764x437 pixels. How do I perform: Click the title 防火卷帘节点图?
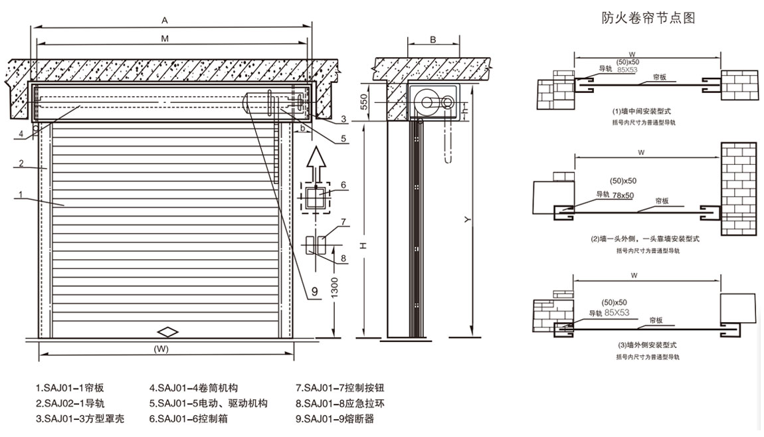(648, 19)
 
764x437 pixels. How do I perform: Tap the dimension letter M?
(164, 39)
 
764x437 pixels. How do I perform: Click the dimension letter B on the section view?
(432, 40)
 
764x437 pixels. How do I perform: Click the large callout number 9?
(313, 290)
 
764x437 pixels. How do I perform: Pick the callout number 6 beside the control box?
(343, 185)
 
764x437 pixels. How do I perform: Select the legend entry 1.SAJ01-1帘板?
(70, 388)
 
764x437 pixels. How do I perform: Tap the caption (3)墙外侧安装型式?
(642, 345)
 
